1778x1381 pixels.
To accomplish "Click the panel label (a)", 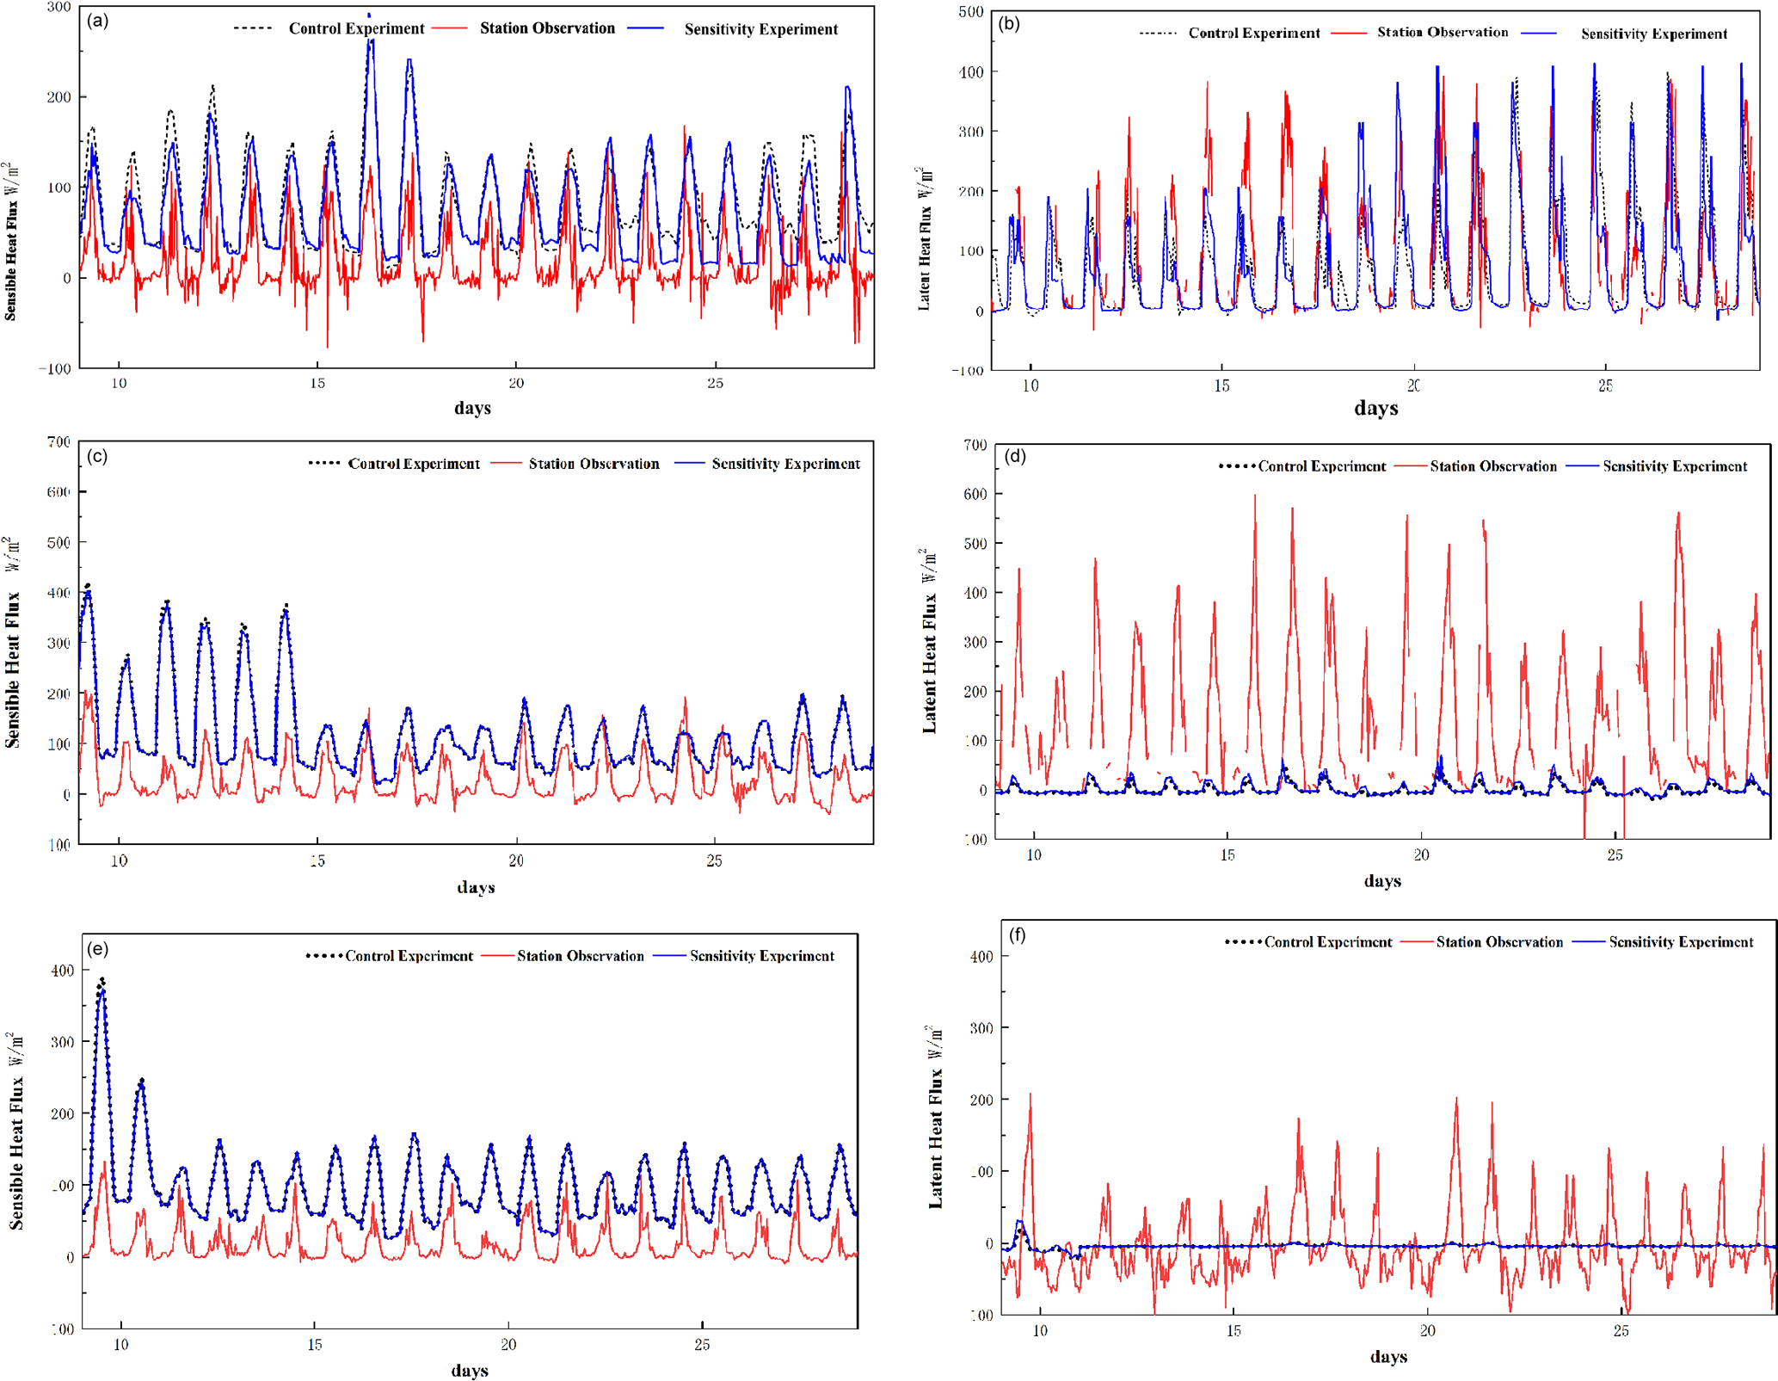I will [x=98, y=22].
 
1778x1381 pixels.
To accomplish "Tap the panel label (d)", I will [x=1015, y=456].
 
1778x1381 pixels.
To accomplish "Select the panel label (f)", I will [x=1017, y=935].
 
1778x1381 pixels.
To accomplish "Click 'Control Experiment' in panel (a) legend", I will [x=356, y=28].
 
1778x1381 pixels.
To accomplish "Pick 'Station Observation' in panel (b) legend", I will [x=1443, y=33].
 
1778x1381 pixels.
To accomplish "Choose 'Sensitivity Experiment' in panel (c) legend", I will [x=785, y=464].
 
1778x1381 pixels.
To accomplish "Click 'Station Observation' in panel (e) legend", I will [x=580, y=956].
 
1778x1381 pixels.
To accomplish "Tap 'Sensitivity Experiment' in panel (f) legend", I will [x=1681, y=942].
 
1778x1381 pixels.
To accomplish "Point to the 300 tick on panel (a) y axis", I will [x=58, y=7].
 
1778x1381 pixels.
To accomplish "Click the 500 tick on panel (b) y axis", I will [x=970, y=12].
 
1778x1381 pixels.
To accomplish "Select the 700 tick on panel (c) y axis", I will [x=58, y=442].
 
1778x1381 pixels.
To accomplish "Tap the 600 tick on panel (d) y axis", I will [x=975, y=494].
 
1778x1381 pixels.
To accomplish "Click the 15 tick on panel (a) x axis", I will [x=317, y=383].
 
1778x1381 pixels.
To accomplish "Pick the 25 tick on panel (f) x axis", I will [x=1621, y=1331].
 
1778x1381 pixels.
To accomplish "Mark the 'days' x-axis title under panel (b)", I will [x=1375, y=408].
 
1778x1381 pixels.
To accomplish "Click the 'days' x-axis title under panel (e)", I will [x=470, y=1370].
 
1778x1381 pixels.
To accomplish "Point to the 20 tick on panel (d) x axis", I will [x=1421, y=854].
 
